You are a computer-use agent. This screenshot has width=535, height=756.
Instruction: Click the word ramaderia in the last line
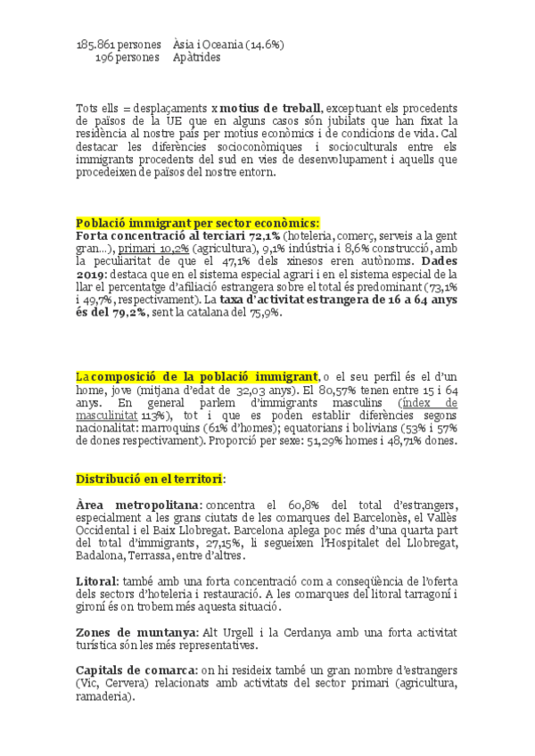[106, 698]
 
